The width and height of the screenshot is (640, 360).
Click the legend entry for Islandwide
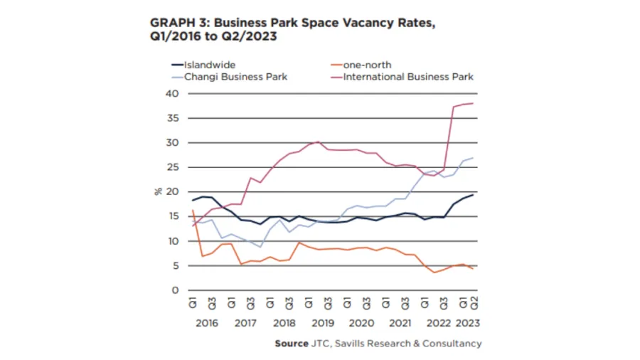point(210,65)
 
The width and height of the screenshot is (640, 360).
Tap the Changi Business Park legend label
point(235,76)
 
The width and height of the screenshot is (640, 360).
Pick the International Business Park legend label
point(408,76)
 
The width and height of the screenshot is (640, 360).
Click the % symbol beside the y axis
point(159,192)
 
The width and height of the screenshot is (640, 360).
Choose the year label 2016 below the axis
point(206,323)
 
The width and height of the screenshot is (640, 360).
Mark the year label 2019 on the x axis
point(323,323)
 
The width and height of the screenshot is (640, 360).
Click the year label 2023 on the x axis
point(466,323)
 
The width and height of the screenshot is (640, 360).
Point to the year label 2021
point(400,323)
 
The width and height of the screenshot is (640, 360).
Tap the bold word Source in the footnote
point(292,344)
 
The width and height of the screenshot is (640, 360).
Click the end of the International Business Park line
point(473,104)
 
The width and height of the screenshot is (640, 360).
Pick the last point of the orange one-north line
point(473,268)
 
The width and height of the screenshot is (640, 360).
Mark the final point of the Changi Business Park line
point(473,158)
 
